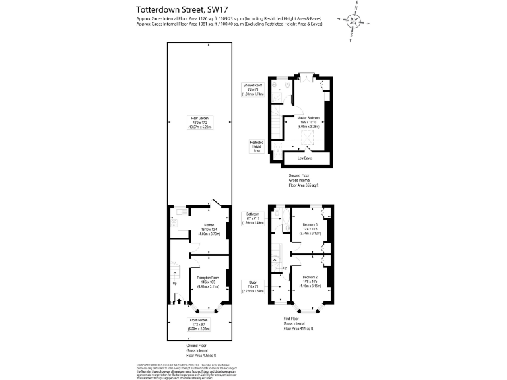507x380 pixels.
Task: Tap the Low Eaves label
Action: click(x=304, y=158)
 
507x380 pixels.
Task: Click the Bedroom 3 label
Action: click(x=309, y=228)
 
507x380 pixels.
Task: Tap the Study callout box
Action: click(x=253, y=286)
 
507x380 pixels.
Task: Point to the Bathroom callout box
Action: click(x=253, y=218)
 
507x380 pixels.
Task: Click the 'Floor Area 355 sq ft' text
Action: click(x=304, y=187)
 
